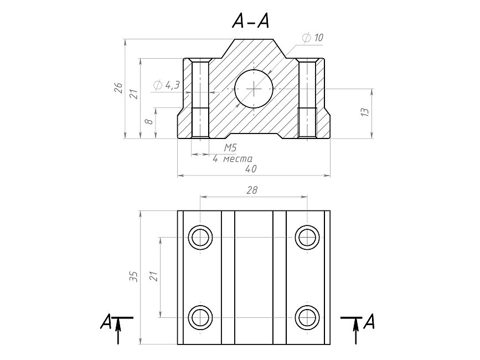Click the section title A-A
coord(251,21)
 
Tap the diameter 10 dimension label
coord(313,38)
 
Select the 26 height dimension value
coord(118,88)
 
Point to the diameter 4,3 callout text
coord(166,85)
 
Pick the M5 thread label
coord(230,148)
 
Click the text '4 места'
coord(233,158)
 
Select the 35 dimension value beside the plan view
coord(133,277)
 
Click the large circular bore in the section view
coord(254,89)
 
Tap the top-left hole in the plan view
coord(200,238)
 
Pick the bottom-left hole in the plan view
coord(200,317)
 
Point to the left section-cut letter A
coord(106,321)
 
